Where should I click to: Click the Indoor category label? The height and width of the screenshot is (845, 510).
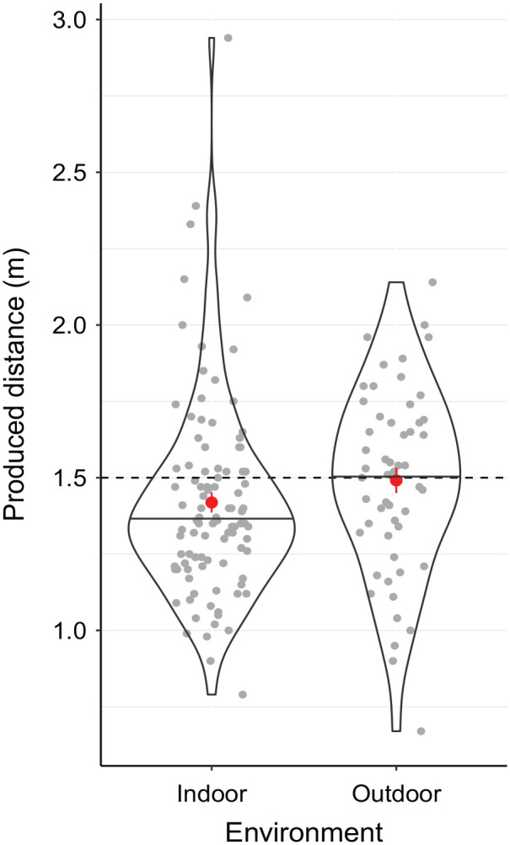click(x=212, y=794)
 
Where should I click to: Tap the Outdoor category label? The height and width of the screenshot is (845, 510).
click(x=396, y=794)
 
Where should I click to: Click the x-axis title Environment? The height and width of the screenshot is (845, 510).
click(x=304, y=832)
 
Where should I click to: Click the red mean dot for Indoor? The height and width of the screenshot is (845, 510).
click(x=212, y=502)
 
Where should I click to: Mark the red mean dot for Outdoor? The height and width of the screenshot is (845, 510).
click(x=396, y=480)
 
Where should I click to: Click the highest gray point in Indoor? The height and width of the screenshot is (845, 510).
click(x=228, y=38)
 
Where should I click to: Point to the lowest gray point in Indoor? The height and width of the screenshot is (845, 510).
click(x=243, y=694)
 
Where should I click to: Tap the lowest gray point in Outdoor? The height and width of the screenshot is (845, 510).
click(x=421, y=730)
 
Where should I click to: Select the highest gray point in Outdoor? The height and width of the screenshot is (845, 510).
click(x=432, y=282)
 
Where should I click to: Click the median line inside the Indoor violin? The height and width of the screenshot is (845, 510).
click(x=212, y=518)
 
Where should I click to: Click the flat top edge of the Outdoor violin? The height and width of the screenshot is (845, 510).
click(x=396, y=282)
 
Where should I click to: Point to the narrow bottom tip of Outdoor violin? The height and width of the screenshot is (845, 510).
click(x=396, y=730)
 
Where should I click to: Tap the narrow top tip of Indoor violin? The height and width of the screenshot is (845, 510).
click(x=212, y=38)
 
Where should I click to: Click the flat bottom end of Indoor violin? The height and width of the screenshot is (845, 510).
click(x=212, y=694)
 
